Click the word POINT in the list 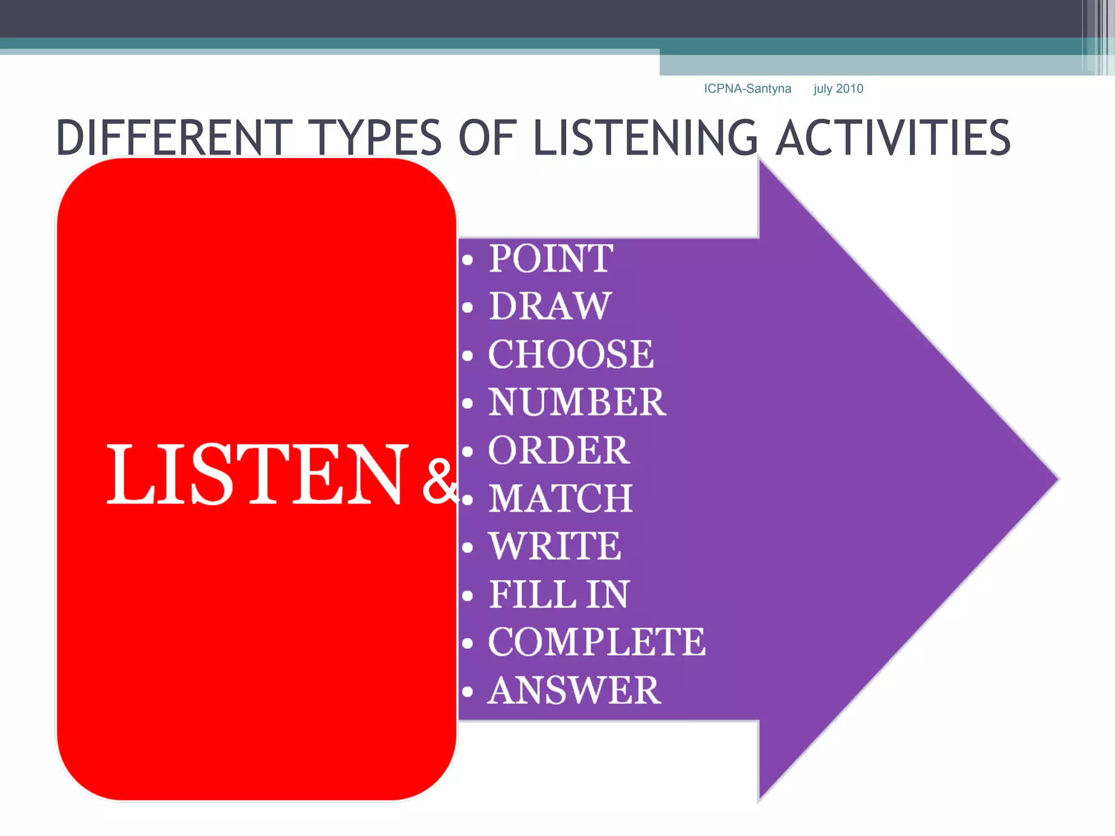[x=551, y=259]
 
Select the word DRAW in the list [x=550, y=306]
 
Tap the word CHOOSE [x=571, y=354]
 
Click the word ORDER [x=559, y=451]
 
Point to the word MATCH [x=561, y=499]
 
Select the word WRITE [x=555, y=546]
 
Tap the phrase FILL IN [x=559, y=594]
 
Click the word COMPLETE [x=597, y=642]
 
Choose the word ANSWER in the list [x=574, y=691]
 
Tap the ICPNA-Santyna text [x=748, y=89]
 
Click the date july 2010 [x=838, y=89]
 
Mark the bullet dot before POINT [x=467, y=260]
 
